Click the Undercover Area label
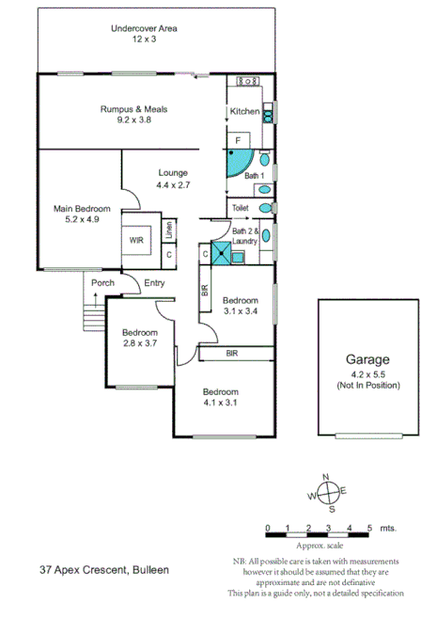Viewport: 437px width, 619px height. point(144,29)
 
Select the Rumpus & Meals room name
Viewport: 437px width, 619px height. point(134,109)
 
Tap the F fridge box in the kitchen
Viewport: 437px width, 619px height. point(238,140)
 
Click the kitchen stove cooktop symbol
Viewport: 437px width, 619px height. point(249,83)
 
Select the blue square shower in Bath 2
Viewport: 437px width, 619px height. point(221,253)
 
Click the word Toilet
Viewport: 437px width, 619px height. point(242,207)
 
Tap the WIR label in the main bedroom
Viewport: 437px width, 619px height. point(137,240)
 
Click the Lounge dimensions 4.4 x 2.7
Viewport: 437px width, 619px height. point(173,185)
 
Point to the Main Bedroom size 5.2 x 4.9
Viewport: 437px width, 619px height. point(82,219)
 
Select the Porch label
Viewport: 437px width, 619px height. point(102,282)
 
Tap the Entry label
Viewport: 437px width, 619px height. point(153,282)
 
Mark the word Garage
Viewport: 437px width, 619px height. point(367,359)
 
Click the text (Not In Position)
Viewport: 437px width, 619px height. point(367,384)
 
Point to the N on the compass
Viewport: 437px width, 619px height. point(326,477)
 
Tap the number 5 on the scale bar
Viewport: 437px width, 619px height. point(369,527)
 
